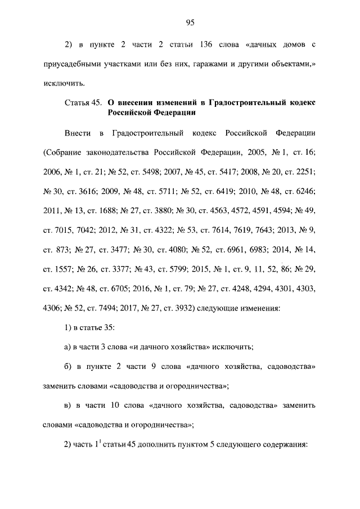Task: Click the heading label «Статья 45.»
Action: click(82, 103)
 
